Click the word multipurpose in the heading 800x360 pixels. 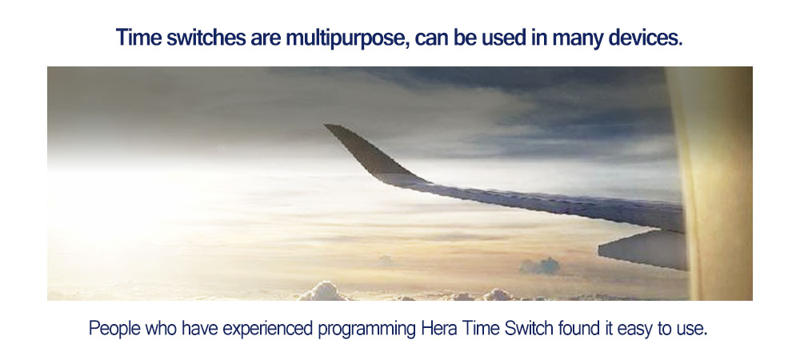(x=346, y=38)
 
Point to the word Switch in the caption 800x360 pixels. (x=529, y=328)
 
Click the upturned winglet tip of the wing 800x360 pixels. (x=332, y=128)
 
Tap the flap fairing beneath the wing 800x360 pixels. (x=644, y=250)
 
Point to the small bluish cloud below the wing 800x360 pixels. (x=539, y=266)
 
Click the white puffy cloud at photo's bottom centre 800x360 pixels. (x=323, y=292)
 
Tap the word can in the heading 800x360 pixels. (x=432, y=38)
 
